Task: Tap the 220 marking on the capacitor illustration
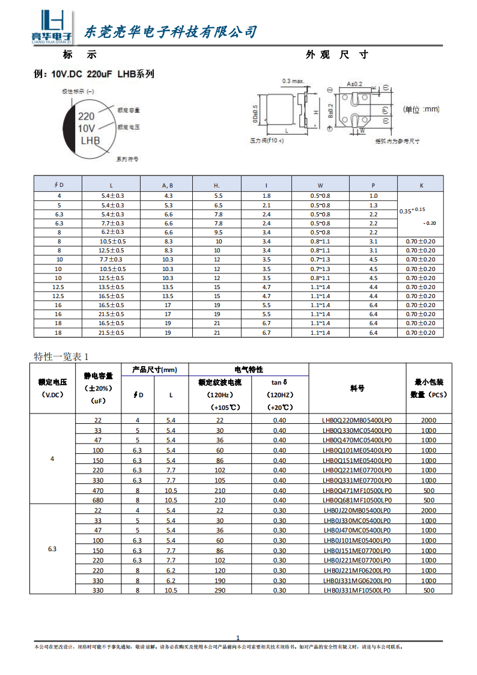pos(87,117)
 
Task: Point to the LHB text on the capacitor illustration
pos(90,141)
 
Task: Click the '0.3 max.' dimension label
pos(293,81)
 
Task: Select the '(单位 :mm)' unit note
pos(421,109)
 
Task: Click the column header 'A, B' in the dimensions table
pos(168,185)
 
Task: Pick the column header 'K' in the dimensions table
pos(421,185)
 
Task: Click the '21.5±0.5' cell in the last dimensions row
pos(112,332)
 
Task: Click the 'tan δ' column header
pos(280,382)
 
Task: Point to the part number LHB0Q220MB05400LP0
pos(357,420)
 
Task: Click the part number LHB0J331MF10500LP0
pos(357,590)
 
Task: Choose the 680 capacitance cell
pos(98,500)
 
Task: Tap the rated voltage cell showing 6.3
pos(52,550)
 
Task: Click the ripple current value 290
pos(219,590)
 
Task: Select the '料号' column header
pos(357,388)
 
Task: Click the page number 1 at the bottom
pos(238,638)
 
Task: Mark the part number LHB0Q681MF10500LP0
pos(357,500)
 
